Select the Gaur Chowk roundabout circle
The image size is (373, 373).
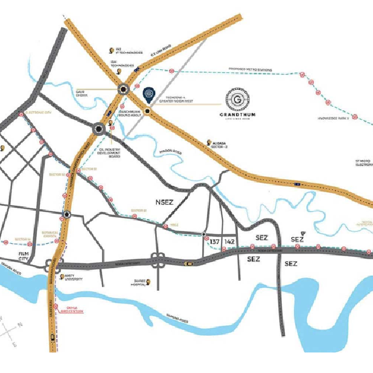coord(124,89)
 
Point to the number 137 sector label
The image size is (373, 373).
coord(214,241)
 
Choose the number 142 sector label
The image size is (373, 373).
coord(229,241)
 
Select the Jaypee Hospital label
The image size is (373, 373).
coord(138,282)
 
